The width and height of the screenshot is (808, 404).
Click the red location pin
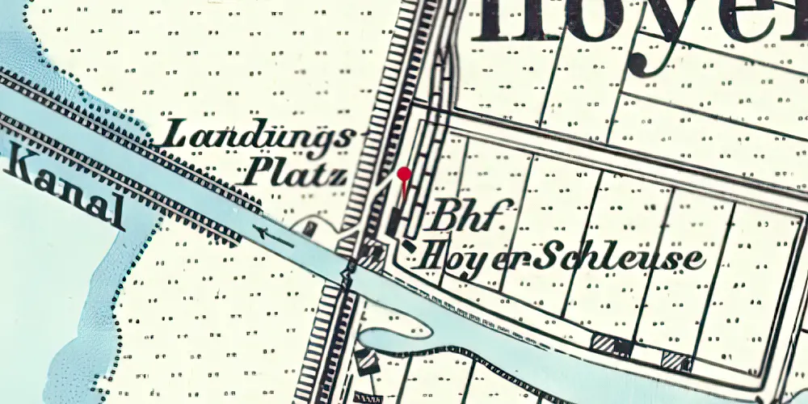pyautogui.click(x=405, y=175)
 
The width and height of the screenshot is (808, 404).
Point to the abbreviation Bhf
pyautogui.click(x=462, y=217)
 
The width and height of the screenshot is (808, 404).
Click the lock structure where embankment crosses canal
pyautogui.click(x=349, y=271)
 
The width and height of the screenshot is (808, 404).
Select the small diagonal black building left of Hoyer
pyautogui.click(x=410, y=245)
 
